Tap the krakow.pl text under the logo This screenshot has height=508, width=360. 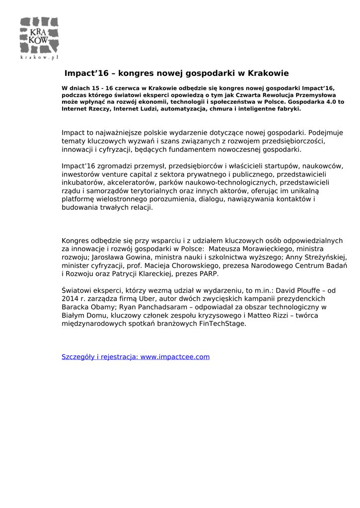click(39, 58)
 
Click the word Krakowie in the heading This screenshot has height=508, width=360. click(268, 73)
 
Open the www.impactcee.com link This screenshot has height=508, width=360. click(175, 357)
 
